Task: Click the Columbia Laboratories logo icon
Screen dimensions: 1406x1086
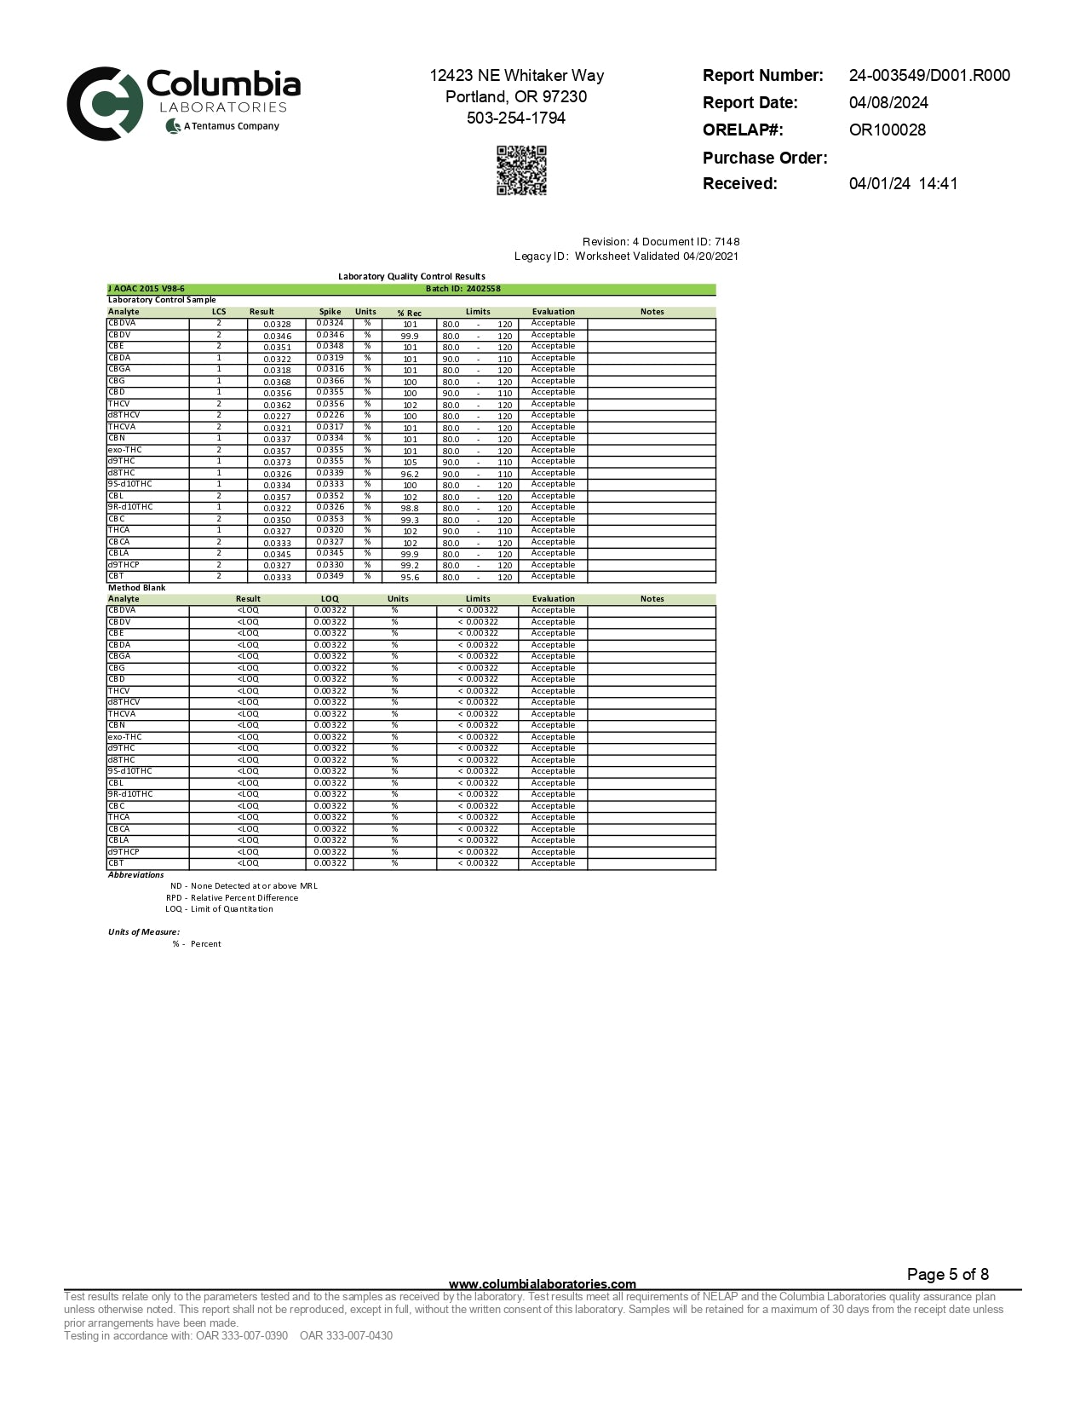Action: point(104,103)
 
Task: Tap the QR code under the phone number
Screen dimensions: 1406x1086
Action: point(521,170)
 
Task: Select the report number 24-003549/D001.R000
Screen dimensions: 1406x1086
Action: point(929,76)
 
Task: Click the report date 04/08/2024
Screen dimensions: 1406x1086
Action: point(888,103)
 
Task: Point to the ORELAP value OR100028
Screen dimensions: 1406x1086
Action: point(887,130)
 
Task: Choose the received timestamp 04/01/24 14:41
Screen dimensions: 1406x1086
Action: point(903,184)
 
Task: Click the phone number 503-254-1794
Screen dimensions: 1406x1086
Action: point(516,118)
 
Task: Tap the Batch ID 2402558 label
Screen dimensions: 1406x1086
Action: point(463,289)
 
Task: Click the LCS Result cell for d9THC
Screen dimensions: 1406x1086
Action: point(277,463)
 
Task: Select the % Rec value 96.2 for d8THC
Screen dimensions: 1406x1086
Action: point(410,475)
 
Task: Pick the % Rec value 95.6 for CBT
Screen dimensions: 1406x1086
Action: point(410,578)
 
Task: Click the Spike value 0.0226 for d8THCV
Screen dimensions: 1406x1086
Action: point(330,416)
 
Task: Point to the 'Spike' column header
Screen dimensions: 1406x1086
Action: point(330,312)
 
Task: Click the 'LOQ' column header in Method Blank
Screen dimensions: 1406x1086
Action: point(330,599)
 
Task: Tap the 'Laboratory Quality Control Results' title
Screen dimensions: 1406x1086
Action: point(411,276)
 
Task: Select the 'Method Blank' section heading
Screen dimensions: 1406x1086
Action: point(137,588)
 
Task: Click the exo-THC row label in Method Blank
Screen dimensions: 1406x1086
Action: point(125,737)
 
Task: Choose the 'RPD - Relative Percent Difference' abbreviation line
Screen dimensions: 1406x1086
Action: point(233,898)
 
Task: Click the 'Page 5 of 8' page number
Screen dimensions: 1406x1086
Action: point(947,1275)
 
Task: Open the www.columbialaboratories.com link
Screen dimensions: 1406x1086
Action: point(542,1284)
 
